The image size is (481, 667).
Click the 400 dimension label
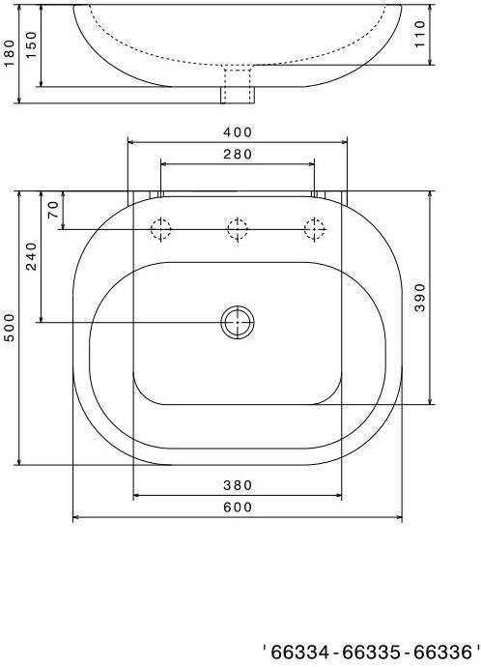(x=238, y=132)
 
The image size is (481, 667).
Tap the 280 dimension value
(x=238, y=154)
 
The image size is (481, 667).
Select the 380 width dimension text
(x=238, y=485)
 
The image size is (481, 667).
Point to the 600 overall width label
(x=238, y=507)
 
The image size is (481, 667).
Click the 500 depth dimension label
(x=9, y=328)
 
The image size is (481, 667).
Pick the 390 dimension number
(x=420, y=298)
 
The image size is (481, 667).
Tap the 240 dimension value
(x=32, y=256)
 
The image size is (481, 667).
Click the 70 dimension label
(x=53, y=210)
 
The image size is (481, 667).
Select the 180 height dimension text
(x=9, y=53)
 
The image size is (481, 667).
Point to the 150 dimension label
(x=32, y=45)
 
